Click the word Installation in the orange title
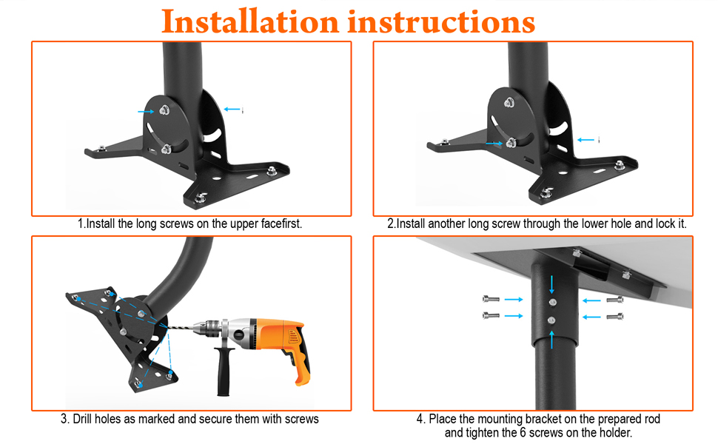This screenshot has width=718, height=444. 249,21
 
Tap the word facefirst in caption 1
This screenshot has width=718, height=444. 281,223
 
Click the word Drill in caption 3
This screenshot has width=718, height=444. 83,419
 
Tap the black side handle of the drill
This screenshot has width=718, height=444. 223,371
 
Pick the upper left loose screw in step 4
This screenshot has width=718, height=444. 491,300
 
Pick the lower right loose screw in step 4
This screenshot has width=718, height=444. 615,316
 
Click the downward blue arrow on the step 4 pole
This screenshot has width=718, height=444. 551,284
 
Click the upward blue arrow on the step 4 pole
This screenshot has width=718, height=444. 551,340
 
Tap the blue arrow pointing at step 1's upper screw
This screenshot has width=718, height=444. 146,111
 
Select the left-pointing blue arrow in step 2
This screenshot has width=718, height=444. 586,140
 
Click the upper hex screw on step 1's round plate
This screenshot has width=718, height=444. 164,110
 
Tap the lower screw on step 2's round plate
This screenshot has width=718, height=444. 511,143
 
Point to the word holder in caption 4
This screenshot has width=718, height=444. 615,433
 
